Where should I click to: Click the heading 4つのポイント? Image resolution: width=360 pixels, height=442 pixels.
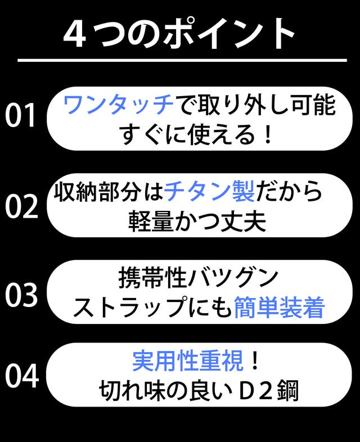point(179,34)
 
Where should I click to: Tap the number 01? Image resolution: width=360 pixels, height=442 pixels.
point(20,115)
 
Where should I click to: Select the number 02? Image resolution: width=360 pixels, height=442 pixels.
point(22,206)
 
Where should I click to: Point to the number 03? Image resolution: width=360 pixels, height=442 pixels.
point(21,295)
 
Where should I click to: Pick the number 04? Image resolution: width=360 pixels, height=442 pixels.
point(22,376)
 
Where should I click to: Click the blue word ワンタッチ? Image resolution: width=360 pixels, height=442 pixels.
point(118,104)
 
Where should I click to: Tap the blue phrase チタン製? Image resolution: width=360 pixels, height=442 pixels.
point(209,191)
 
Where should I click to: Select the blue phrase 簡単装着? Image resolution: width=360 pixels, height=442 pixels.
point(280,307)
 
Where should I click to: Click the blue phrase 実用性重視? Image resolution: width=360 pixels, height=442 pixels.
point(188,361)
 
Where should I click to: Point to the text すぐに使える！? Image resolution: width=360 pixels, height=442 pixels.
point(197,135)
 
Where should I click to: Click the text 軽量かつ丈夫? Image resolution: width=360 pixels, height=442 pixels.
point(197,222)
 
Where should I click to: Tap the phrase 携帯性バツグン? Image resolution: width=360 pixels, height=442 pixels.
point(199,278)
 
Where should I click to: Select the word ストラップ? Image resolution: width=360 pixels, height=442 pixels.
point(128,307)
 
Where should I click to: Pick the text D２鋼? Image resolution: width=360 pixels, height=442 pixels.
point(268,391)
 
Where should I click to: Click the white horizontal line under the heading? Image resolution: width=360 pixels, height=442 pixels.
point(182,60)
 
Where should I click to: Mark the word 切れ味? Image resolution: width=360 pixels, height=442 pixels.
point(132,391)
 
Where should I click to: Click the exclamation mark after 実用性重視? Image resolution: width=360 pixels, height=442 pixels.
point(255,361)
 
